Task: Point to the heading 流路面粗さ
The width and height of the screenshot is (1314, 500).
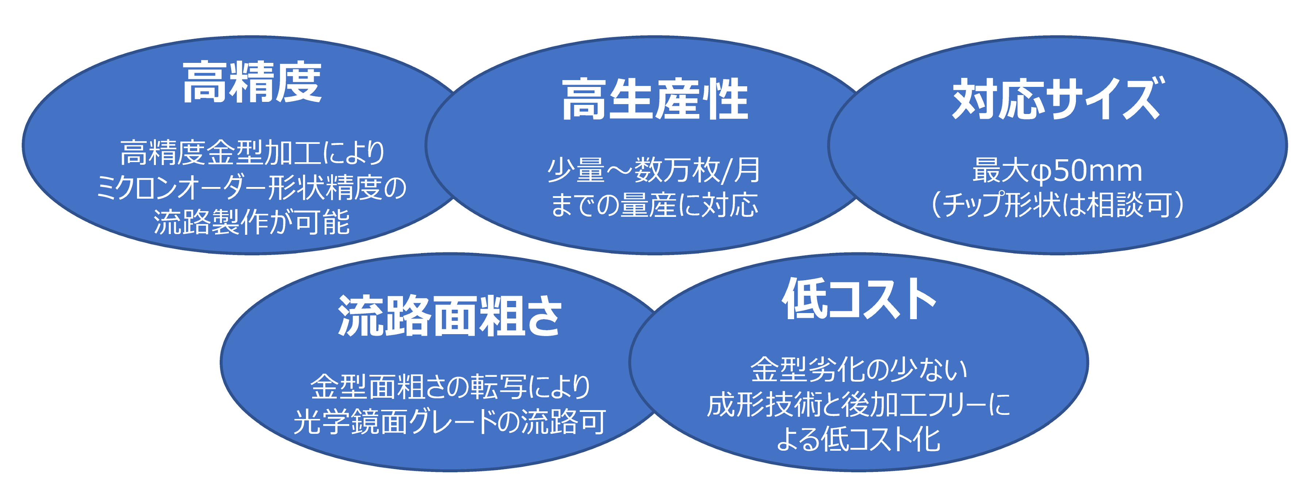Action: click(449, 316)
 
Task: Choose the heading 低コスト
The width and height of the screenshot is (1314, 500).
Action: click(859, 299)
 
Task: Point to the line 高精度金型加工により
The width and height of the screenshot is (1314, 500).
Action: click(252, 153)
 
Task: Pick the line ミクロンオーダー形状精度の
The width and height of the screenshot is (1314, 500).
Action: click(252, 187)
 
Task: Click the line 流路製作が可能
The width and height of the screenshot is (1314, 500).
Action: click(252, 222)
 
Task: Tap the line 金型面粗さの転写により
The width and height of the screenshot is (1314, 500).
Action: click(449, 387)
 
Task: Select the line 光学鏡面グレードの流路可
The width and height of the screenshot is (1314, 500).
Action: click(449, 421)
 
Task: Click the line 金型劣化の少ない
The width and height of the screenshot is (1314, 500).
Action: click(859, 369)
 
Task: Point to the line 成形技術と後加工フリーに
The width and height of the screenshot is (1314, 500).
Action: click(859, 404)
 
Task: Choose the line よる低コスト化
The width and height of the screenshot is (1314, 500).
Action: click(859, 439)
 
